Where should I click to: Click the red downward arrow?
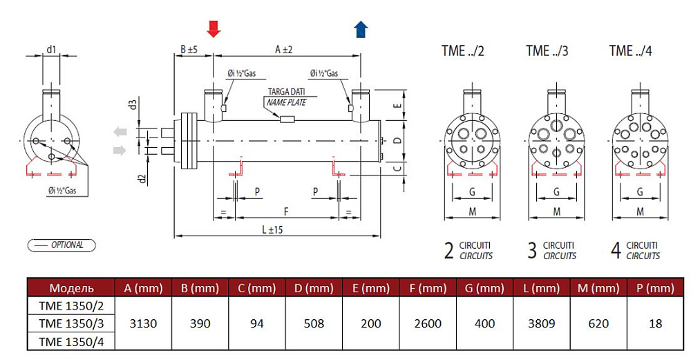(214, 28)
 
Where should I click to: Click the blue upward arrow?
(360, 29)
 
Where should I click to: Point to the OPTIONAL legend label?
(66, 245)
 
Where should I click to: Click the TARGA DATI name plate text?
(287, 93)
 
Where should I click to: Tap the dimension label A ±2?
(283, 50)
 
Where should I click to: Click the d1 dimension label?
(52, 49)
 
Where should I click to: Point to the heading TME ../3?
(547, 50)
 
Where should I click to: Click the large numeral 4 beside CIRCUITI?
(615, 250)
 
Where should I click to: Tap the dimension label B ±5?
(189, 50)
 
